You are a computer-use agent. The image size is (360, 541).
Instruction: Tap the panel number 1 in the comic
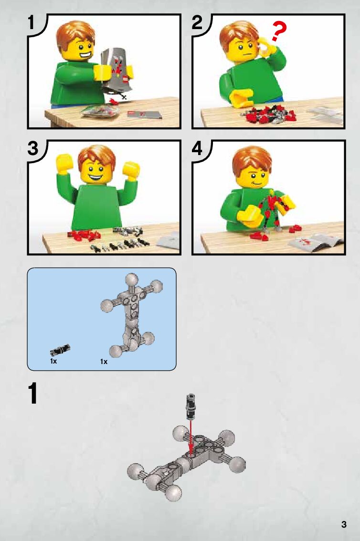[32, 23]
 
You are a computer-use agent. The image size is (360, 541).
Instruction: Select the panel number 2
[197, 22]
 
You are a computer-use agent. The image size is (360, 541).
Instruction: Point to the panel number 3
[32, 148]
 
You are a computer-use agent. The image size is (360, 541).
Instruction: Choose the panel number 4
[197, 148]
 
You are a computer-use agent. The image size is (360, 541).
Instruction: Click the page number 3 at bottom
[343, 524]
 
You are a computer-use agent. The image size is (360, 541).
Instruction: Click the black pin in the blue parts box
[60, 350]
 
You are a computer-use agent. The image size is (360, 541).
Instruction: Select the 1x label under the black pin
[53, 361]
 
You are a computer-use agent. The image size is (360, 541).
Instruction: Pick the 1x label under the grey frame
[104, 362]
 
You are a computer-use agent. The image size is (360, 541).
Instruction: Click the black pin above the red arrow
[190, 406]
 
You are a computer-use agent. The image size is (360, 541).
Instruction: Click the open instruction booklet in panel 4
[316, 242]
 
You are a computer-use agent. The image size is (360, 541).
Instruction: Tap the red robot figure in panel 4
[275, 212]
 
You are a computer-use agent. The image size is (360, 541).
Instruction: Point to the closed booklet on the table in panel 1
[144, 115]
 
